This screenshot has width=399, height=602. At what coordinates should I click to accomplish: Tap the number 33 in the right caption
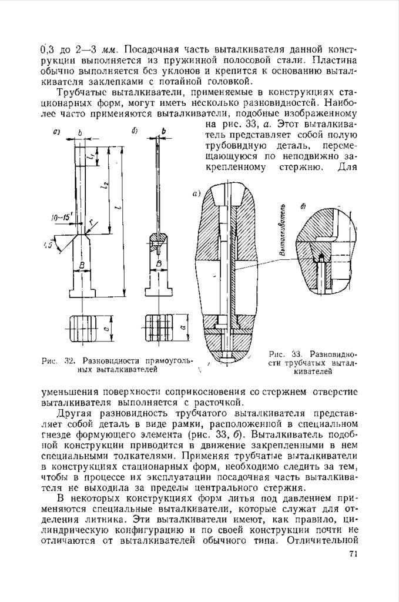[297, 354]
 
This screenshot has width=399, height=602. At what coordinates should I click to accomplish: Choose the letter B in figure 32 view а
[82, 266]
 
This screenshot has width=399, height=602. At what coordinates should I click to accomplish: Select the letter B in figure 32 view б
[158, 266]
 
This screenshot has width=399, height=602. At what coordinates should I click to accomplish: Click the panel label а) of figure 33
[197, 192]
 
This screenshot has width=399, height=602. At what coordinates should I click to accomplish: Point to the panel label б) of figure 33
[304, 206]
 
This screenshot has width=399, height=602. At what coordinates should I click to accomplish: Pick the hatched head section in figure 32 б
[159, 241]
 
